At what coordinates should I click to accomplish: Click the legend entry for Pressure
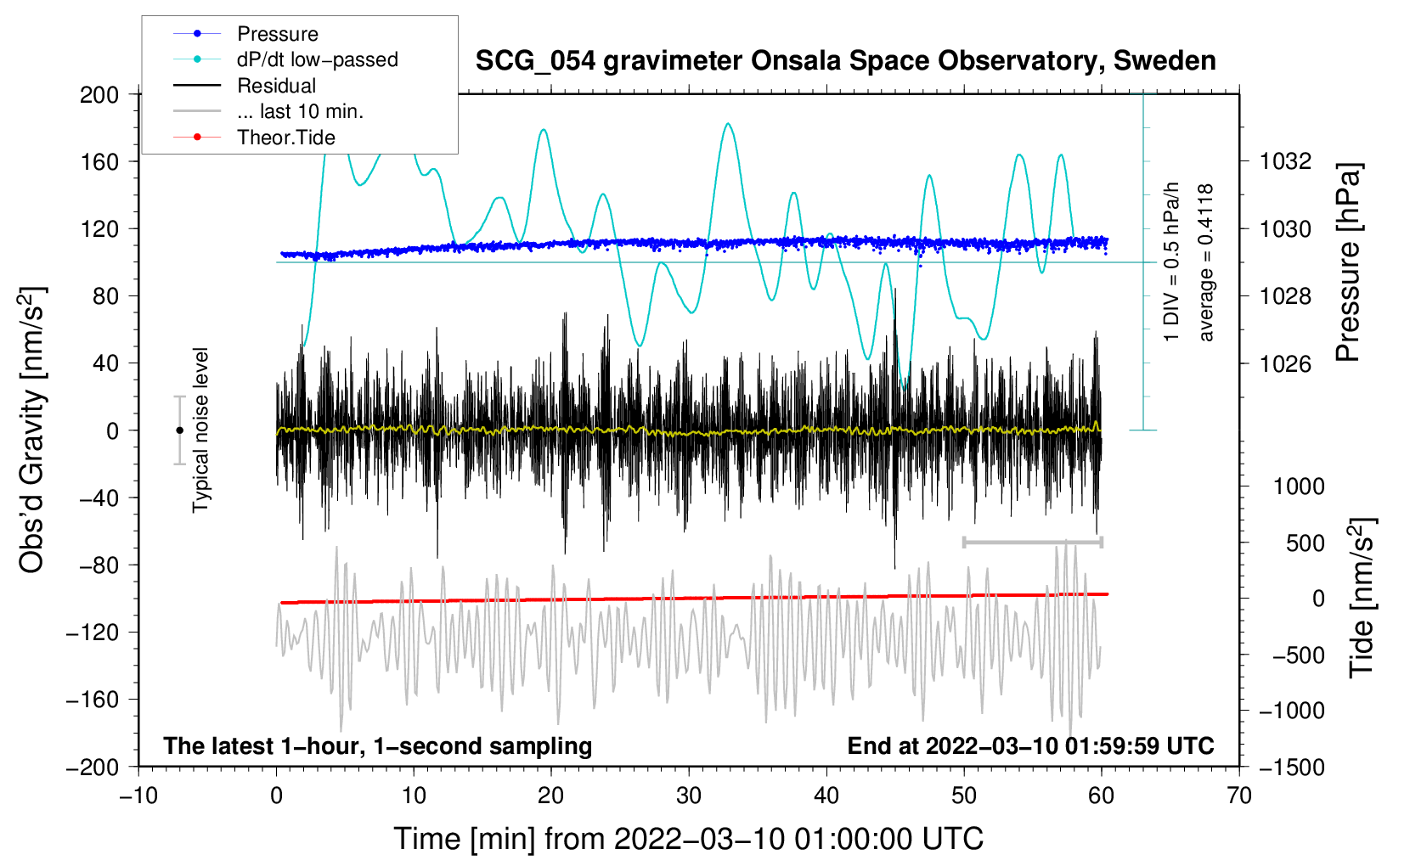click(x=246, y=33)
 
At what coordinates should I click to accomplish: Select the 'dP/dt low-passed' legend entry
click(x=285, y=59)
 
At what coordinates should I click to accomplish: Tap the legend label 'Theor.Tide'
click(x=254, y=138)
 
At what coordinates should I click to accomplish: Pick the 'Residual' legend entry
click(x=245, y=86)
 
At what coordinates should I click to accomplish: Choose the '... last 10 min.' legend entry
click(x=268, y=111)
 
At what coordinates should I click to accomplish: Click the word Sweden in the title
click(x=1165, y=60)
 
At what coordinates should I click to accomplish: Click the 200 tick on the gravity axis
click(x=99, y=95)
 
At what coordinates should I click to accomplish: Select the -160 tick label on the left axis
click(x=93, y=700)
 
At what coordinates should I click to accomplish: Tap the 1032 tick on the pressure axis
click(x=1285, y=162)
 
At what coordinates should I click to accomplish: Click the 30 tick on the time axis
click(x=689, y=796)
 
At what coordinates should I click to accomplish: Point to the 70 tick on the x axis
click(x=1238, y=796)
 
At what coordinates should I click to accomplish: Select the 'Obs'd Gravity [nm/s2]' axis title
click(x=31, y=430)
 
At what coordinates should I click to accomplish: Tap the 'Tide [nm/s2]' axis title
click(x=1362, y=598)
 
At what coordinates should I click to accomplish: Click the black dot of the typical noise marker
click(x=179, y=430)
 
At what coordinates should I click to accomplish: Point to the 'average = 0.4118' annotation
click(x=1204, y=262)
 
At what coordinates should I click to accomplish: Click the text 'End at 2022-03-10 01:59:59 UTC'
click(x=1030, y=745)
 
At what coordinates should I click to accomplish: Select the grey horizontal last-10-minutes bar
click(x=1032, y=542)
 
